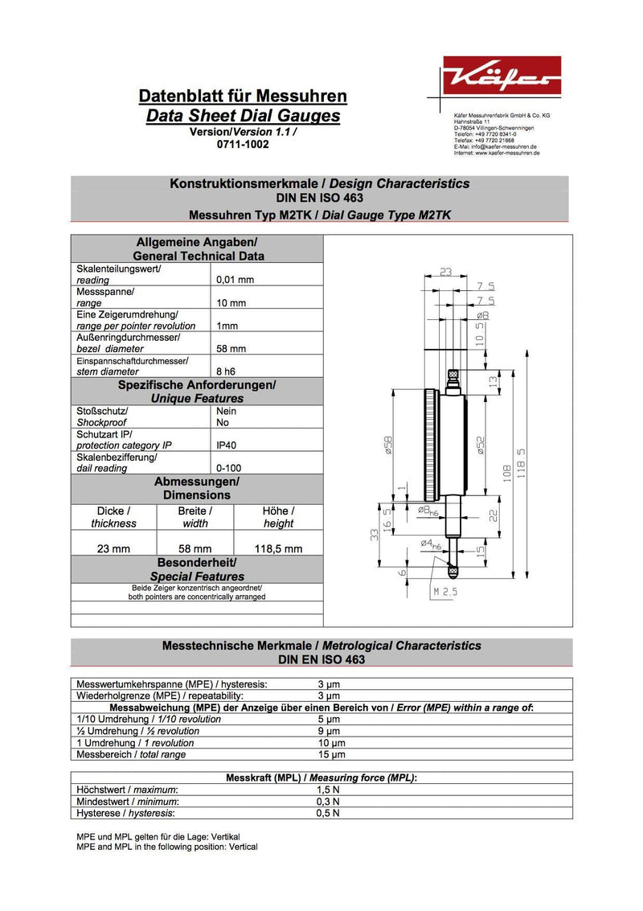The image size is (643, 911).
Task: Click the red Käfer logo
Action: point(502,76)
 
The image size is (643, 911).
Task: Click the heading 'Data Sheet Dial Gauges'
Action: point(243,116)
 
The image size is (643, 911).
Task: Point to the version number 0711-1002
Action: point(243,144)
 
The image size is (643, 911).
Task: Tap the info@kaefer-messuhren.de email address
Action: point(506,146)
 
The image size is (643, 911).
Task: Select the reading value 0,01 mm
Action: point(235,280)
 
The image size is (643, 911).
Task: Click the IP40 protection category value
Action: point(227,445)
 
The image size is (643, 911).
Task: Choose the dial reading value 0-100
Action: point(229,468)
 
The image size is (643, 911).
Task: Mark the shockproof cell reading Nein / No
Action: point(227,417)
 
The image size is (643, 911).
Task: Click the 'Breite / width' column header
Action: point(195,517)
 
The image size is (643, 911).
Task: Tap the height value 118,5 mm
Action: point(278,549)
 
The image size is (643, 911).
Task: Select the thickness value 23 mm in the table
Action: point(113,549)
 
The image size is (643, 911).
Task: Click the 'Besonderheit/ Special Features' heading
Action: point(197,569)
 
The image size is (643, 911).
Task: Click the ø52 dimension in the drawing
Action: point(481,445)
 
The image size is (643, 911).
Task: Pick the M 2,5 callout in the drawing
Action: point(445,592)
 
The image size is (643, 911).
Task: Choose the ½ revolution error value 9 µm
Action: point(329,731)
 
